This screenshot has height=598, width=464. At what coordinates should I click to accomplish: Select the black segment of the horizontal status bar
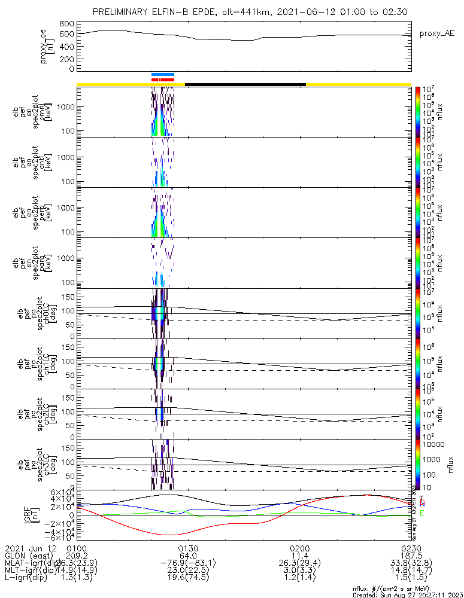[245, 84]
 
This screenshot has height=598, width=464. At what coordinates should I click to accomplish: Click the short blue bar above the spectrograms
[163, 75]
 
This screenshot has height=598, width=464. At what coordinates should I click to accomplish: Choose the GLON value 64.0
[187, 556]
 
